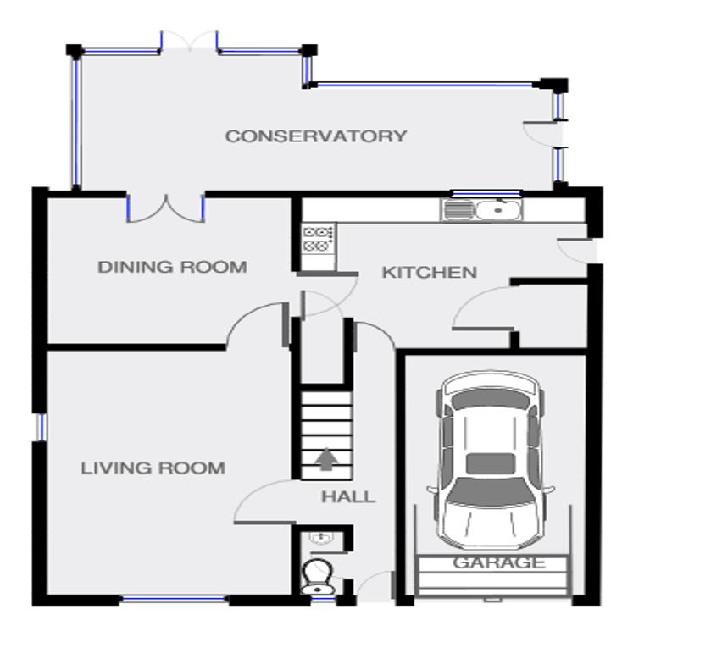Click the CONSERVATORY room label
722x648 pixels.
316,136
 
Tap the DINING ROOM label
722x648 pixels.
172,267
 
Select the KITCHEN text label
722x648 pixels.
429,273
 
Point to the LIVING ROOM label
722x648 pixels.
153,468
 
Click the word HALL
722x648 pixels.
348,496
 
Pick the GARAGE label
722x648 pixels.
499,562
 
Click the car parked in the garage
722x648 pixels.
491,460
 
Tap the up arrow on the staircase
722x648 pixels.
326,459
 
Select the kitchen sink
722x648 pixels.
481,211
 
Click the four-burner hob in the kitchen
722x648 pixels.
318,239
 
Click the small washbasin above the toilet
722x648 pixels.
322,537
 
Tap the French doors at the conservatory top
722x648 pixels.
189,41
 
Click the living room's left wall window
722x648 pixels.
41,428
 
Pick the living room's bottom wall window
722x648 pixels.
175,600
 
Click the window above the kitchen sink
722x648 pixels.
486,194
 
